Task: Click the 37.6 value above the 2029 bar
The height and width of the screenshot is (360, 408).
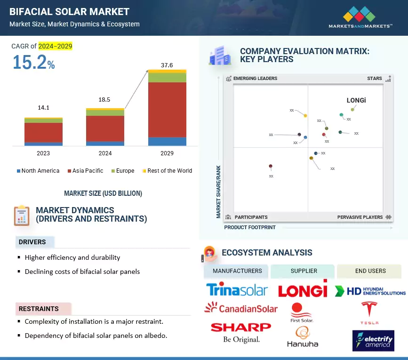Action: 167,65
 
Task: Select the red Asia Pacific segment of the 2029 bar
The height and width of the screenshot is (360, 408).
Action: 167,110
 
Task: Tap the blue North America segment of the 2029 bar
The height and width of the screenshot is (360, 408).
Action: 167,141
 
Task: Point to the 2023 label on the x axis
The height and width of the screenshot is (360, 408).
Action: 43,153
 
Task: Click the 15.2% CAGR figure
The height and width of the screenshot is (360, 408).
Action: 33,63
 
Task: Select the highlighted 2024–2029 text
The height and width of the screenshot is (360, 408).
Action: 55,46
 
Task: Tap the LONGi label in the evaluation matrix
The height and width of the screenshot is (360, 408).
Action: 356,100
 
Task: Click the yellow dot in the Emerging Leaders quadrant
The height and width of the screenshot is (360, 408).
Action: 305,115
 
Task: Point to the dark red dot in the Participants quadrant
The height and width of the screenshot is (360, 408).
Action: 271,166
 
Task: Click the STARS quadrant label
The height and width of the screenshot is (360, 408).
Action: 375,79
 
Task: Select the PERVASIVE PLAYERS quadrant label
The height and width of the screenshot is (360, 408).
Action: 360,217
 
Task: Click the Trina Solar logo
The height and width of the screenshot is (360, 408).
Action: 237,289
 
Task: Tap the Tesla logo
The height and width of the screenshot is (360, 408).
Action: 369,312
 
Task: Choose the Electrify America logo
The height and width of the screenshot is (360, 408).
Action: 373,340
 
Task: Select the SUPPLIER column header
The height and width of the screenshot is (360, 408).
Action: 304,271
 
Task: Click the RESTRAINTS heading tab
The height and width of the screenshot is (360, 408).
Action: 39,309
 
